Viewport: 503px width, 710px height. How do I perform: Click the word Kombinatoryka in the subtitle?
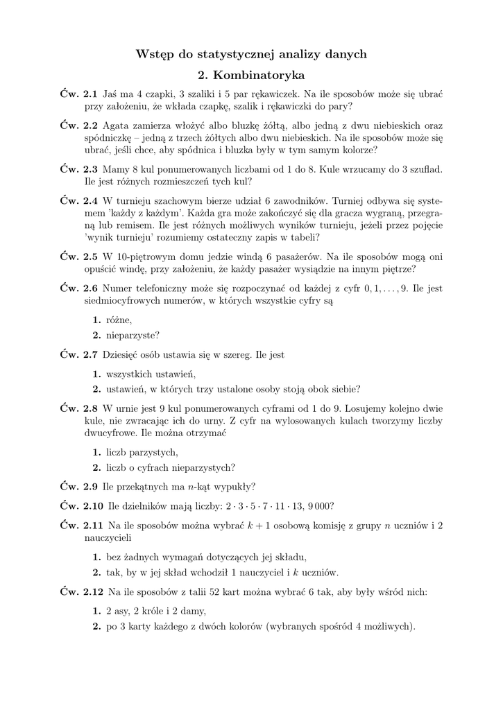click(x=259, y=73)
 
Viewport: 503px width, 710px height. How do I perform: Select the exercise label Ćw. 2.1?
click(x=78, y=92)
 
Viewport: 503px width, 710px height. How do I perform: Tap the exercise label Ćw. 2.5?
click(x=78, y=257)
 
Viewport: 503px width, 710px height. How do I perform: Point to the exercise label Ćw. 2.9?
click(x=78, y=486)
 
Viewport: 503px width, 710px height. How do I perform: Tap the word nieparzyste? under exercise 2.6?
click(x=133, y=335)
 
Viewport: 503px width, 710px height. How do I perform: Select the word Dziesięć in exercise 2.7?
click(x=121, y=355)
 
